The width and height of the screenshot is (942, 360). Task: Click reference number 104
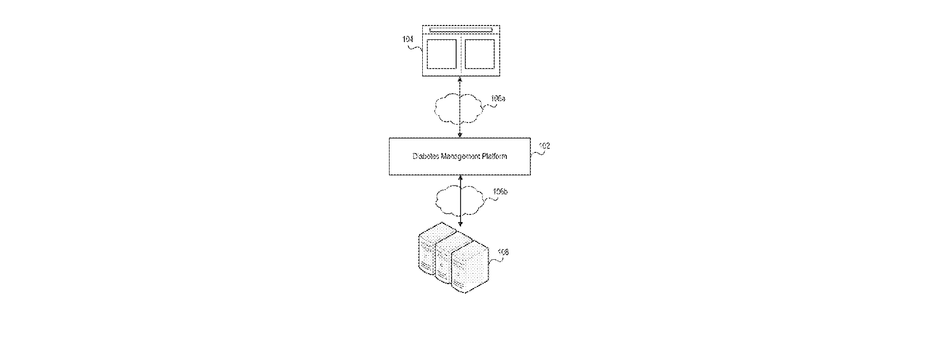pyautogui.click(x=407, y=39)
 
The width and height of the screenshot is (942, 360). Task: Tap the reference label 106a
pyautogui.click(x=498, y=99)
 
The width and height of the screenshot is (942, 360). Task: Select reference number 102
pyautogui.click(x=544, y=146)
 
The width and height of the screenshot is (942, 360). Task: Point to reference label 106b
pyautogui.click(x=500, y=192)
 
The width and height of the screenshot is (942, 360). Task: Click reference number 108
pyautogui.click(x=503, y=252)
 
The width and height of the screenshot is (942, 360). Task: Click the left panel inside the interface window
pyautogui.click(x=442, y=54)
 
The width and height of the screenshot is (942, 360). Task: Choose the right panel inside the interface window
pyautogui.click(x=479, y=54)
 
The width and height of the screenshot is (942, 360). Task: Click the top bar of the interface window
pyautogui.click(x=461, y=30)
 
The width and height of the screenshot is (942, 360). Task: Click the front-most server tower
pyautogui.click(x=470, y=267)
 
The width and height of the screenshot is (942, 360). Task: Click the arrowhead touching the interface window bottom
pyautogui.click(x=460, y=79)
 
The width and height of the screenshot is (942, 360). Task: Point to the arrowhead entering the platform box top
pyautogui.click(x=460, y=135)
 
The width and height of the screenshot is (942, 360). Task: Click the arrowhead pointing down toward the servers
pyautogui.click(x=460, y=224)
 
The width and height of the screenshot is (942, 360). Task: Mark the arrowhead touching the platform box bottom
pyautogui.click(x=460, y=178)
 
